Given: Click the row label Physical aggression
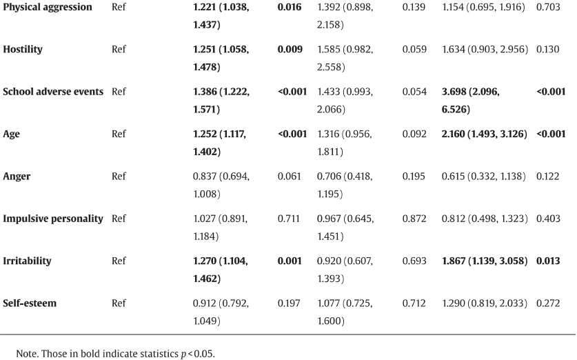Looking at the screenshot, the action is click(48, 8).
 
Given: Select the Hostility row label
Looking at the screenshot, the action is click(23, 50).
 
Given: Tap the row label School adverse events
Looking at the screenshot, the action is click(53, 92).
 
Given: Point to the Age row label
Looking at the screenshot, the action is click(12, 134).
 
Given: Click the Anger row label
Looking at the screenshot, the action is click(17, 177).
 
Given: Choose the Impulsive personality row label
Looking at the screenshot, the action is click(53, 219).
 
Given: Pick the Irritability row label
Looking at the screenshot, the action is click(28, 261).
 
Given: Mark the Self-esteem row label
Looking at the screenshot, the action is click(30, 303).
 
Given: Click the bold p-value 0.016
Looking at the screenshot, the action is click(290, 7).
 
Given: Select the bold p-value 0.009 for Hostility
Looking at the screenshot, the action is click(290, 50).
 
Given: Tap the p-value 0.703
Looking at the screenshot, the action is click(548, 7).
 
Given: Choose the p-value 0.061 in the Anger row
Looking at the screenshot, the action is click(290, 177).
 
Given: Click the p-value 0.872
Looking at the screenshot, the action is click(414, 219).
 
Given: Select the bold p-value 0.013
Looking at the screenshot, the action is click(548, 261).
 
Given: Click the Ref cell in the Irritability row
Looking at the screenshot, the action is click(119, 261).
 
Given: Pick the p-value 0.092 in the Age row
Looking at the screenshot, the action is click(414, 134).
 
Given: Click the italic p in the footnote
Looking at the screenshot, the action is click(183, 354).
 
